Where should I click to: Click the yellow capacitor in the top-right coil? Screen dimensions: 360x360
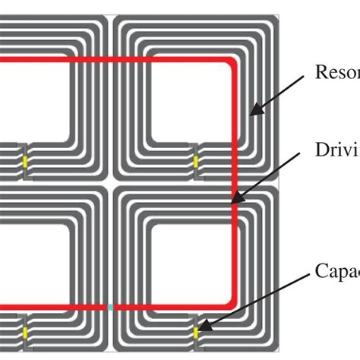pos(196,162)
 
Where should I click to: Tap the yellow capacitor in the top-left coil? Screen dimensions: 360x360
pos(25,162)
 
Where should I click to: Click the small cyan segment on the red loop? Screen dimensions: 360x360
pos(111,307)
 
